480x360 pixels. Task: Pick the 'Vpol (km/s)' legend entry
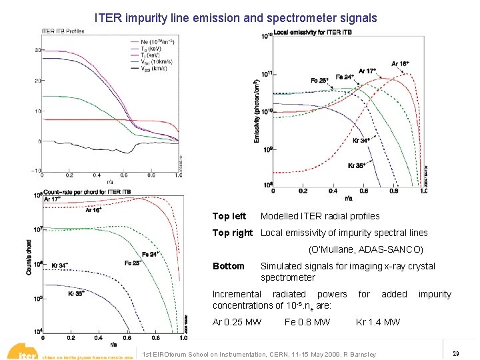tap(153, 68)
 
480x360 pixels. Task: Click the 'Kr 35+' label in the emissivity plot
tap(358, 165)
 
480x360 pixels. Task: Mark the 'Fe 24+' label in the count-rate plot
tap(151, 254)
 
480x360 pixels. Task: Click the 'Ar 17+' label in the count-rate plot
tap(52, 199)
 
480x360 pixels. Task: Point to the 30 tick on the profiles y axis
tap(39, 50)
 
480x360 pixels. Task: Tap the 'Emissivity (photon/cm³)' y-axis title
tap(258, 113)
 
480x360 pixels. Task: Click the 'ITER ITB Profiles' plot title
tap(63, 31)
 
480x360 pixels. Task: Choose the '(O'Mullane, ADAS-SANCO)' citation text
tap(365, 250)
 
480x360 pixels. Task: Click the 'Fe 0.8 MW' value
tap(307, 322)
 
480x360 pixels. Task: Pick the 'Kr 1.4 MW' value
tap(378, 322)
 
